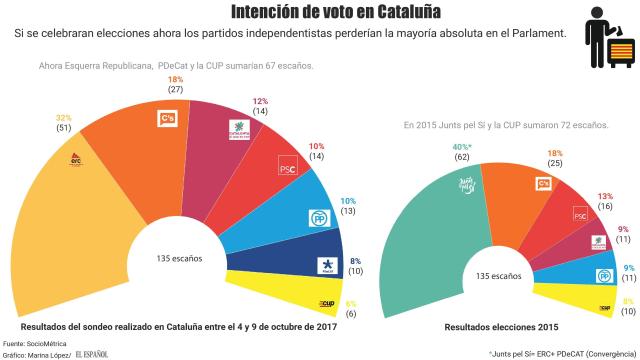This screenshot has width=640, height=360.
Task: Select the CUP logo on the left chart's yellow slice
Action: pyautogui.click(x=326, y=303)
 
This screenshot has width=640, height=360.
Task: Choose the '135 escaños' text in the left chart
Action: pyautogui.click(x=180, y=258)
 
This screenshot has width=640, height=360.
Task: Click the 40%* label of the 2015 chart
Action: pyautogui.click(x=435, y=147)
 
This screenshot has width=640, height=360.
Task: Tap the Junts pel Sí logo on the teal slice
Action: pyautogui.click(x=465, y=182)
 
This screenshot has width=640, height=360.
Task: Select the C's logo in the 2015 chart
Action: pyautogui.click(x=546, y=184)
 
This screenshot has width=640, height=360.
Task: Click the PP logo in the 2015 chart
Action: pyautogui.click(x=604, y=275)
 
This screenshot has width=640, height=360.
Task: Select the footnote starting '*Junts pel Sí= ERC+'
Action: pyautogui.click(x=561, y=353)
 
